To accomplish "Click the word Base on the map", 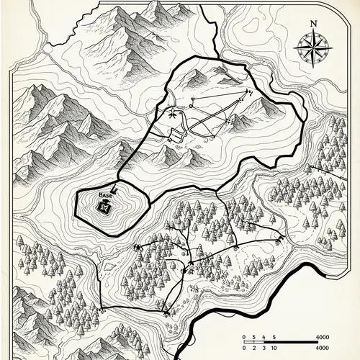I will point(105,195).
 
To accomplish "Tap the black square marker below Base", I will point(105,207).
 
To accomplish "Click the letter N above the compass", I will point(313,23).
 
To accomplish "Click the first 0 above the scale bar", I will point(245,337).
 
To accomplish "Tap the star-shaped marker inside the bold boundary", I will point(172,113).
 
